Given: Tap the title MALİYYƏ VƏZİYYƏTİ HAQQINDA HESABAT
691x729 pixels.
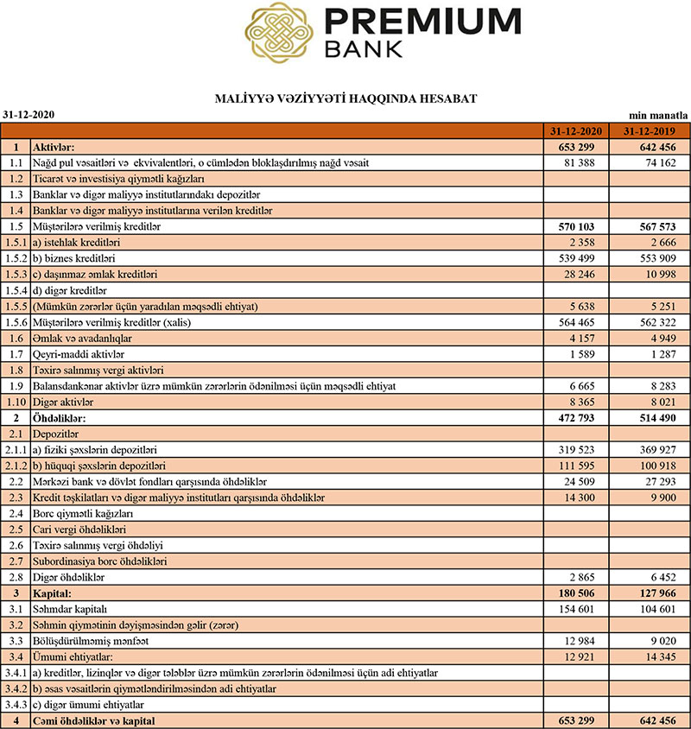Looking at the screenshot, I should (345, 99).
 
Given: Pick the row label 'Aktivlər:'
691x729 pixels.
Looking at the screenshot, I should (54, 147).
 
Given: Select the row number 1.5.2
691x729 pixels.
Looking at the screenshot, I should (15, 258).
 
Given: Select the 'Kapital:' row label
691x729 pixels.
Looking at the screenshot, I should (52, 594).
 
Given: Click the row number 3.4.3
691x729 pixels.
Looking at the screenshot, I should (15, 705).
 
